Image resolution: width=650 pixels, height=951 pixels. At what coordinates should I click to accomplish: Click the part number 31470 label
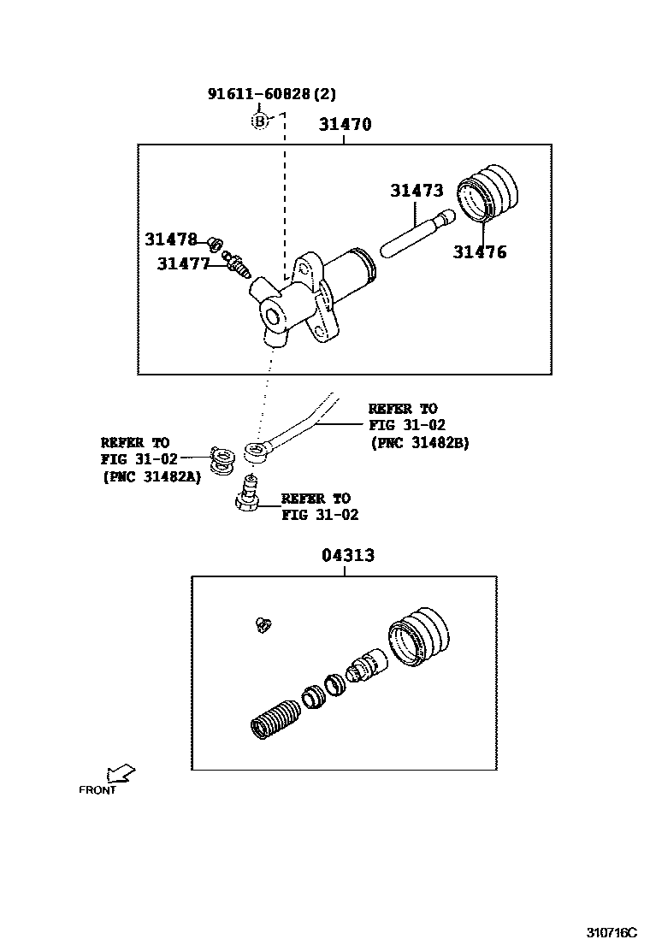[x=345, y=124]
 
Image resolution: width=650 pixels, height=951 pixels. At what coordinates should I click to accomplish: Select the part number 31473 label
[x=417, y=191]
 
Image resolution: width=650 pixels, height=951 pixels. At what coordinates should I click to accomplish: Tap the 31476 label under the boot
[x=479, y=252]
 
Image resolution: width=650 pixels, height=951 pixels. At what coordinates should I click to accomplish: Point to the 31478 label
[x=171, y=239]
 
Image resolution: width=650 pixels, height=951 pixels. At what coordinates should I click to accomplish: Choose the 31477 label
[x=183, y=264]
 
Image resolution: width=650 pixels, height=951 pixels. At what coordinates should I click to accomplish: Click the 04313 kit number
[x=348, y=555]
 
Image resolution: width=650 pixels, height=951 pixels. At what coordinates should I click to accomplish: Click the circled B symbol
[x=260, y=121]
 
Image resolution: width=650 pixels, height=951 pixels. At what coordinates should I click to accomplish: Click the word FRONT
[x=97, y=790]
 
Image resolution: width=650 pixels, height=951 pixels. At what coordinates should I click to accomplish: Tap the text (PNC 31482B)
[x=419, y=443]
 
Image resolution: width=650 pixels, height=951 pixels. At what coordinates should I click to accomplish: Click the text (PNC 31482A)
[x=151, y=476]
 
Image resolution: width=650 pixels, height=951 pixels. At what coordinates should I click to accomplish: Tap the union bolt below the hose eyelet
[x=248, y=494]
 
